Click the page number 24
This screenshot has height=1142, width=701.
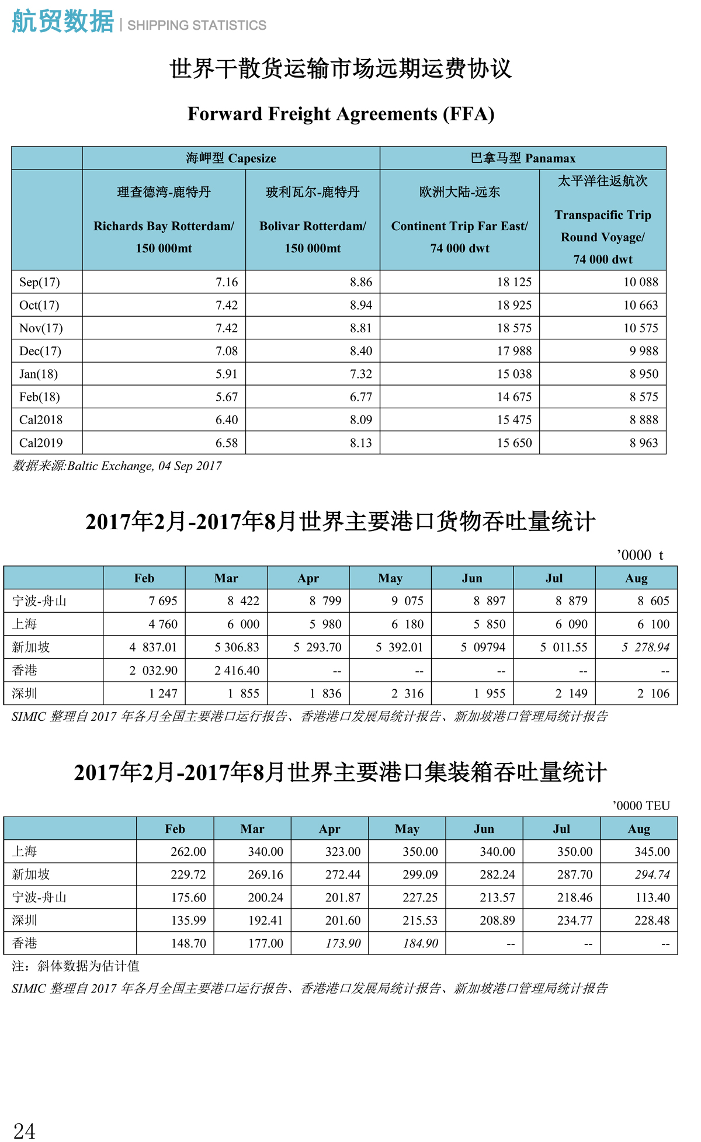tap(24, 1130)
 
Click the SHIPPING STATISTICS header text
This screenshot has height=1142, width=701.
tap(197, 26)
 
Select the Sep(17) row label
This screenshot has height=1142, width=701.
tap(39, 282)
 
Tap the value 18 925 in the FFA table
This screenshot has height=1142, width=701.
tap(514, 305)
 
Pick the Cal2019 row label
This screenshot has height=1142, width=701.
tap(41, 443)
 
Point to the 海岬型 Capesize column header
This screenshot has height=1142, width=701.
tap(231, 158)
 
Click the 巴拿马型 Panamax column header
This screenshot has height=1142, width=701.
tap(523, 158)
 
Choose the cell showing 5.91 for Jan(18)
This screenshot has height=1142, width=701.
tap(227, 374)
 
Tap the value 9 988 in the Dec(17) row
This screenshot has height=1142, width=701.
tap(644, 351)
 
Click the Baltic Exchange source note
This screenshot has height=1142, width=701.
tap(117, 466)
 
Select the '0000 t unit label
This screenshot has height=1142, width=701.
tap(640, 555)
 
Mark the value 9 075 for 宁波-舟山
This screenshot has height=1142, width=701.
tap(407, 601)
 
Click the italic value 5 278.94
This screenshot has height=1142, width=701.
tap(645, 647)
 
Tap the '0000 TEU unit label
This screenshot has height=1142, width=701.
tap(641, 806)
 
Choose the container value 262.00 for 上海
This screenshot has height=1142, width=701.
tap(188, 852)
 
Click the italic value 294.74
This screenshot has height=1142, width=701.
tap(652, 874)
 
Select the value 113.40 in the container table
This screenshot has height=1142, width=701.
tap(652, 897)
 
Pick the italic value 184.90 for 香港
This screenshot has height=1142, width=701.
tap(420, 943)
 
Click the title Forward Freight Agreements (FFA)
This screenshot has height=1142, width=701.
tap(341, 114)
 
